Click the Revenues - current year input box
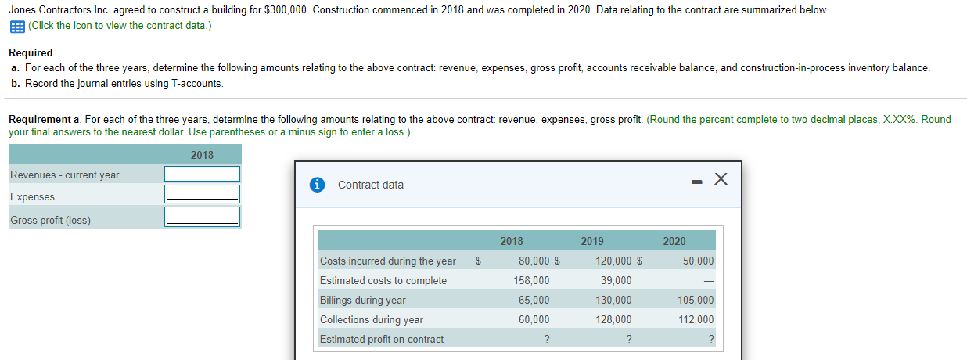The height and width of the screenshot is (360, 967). pos(202,174)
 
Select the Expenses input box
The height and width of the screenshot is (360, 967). pos(202,193)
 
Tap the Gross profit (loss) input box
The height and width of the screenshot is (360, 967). pos(202,216)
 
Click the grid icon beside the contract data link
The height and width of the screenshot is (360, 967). pos(16,26)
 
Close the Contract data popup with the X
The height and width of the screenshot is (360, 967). pos(721,182)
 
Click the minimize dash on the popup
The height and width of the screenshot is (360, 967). pos(696,183)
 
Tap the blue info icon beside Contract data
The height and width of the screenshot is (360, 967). pos(317,185)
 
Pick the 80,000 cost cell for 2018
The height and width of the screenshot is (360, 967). pos(533,261)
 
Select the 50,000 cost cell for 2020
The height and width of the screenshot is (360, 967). pos(698,261)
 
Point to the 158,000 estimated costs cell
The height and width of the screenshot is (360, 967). pos(532,281)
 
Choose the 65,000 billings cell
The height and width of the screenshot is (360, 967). pos(534,301)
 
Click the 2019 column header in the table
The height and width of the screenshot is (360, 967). pos(592,241)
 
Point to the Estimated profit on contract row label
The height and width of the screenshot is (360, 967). pos(381,340)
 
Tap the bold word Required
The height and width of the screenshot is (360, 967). pos(31,52)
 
